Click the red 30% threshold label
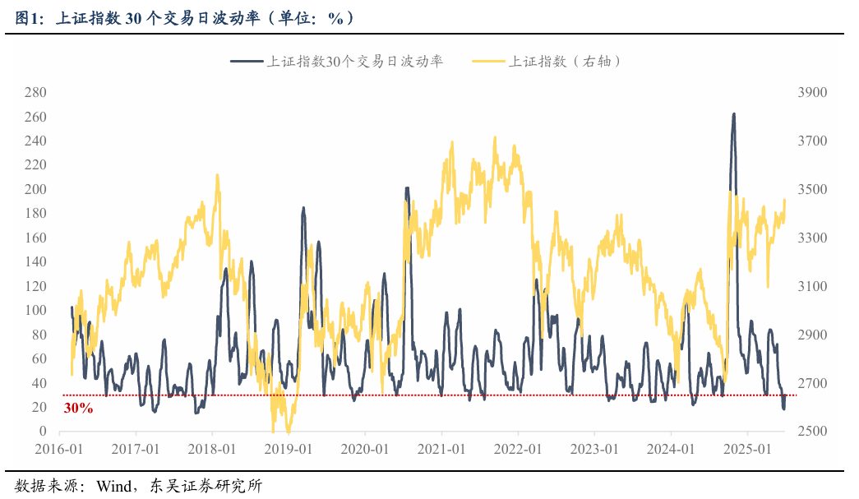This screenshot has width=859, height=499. (x=78, y=408)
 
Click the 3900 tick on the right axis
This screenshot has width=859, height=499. (x=812, y=92)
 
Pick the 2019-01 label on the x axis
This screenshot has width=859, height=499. (x=288, y=450)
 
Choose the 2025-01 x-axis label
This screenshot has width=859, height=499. (x=746, y=450)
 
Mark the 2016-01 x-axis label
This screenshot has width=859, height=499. (x=59, y=450)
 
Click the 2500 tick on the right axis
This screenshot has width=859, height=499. (x=812, y=432)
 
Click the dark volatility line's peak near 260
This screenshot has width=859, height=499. (x=733, y=114)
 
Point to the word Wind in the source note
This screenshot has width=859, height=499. (x=113, y=486)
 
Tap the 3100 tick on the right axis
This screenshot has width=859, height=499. (x=812, y=286)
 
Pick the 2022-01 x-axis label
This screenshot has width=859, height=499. (x=517, y=450)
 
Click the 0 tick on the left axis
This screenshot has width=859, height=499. (x=44, y=432)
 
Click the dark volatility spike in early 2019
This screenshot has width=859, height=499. (x=303, y=209)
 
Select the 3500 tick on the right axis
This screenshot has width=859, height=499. (x=812, y=189)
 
